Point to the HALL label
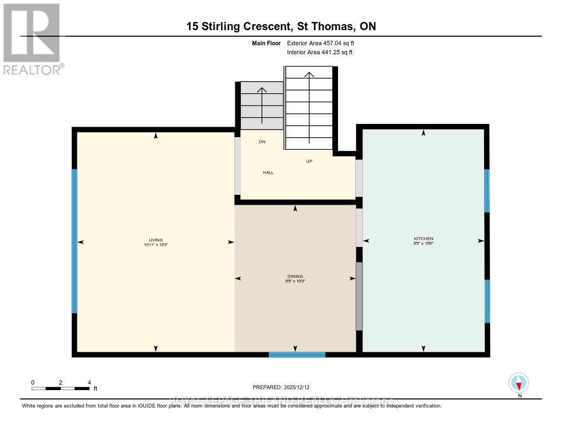tap(268, 172)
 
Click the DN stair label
tap(262, 142)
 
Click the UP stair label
tap(309, 161)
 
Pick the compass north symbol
tap(519, 383)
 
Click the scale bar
tap(60, 388)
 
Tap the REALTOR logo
tap(32, 39)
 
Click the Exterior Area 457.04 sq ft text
tap(324, 43)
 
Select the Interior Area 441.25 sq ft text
tap(319, 53)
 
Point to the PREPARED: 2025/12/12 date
tap(285, 387)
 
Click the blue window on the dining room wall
tap(297, 354)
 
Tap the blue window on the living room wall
tap(75, 241)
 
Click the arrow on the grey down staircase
tap(262, 104)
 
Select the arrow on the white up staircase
tap(309, 104)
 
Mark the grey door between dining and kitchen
tap(359, 296)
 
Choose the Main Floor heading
tap(267, 43)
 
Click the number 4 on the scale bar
tap(89, 382)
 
